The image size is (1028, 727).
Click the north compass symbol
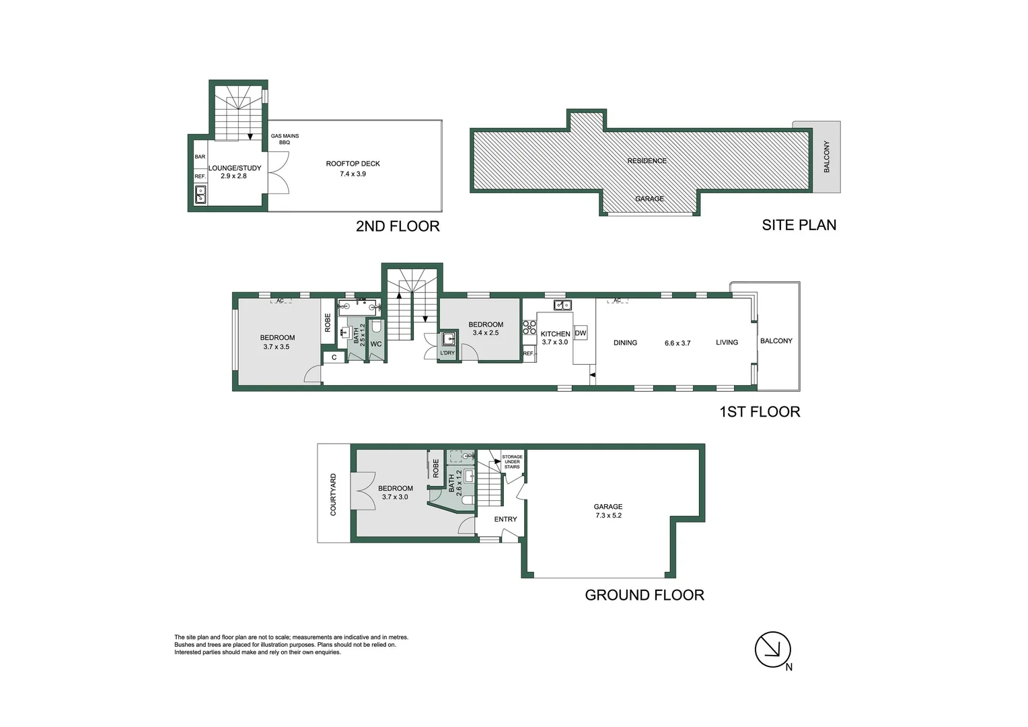coord(772,650)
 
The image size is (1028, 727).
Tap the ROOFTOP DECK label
coord(353,164)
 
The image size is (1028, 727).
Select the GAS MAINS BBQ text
coord(285,139)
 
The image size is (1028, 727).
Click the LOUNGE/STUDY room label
coord(234,168)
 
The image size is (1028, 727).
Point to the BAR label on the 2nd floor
coord(200,157)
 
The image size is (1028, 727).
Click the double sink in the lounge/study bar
coord(200,195)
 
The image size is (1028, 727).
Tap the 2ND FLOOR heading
coord(398,226)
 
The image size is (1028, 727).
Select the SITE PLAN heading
coord(799,225)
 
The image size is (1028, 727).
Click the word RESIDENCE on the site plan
coord(647,161)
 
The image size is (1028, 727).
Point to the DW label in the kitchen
coord(581,333)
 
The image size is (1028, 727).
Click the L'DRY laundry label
coord(447,353)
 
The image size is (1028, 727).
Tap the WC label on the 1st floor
coord(376,344)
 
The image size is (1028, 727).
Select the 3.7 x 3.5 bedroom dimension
coord(277,347)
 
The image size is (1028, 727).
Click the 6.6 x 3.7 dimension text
coord(677,343)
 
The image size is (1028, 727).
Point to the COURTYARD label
coord(333,495)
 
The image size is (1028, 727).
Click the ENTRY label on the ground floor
coord(505,519)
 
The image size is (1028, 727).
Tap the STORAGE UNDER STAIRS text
coord(512,462)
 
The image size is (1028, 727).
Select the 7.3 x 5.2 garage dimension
coord(608,516)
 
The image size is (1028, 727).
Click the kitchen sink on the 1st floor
coord(562,305)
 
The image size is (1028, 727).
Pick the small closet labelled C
coord(334,357)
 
